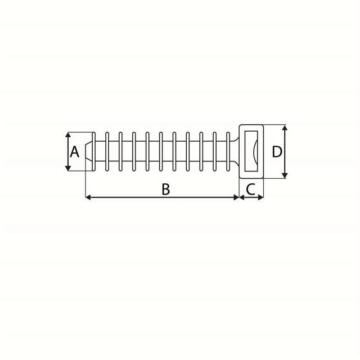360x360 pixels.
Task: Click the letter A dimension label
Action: pyautogui.click(x=74, y=152)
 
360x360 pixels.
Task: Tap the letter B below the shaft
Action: pyautogui.click(x=165, y=190)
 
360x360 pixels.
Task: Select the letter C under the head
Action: pyautogui.click(x=251, y=190)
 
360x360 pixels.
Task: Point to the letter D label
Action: pyautogui.click(x=277, y=152)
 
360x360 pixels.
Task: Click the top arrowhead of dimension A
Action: pyautogui.click(x=68, y=136)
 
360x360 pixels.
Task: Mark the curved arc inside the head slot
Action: pyautogui.click(x=256, y=152)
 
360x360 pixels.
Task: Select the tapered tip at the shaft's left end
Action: pyautogui.click(x=89, y=152)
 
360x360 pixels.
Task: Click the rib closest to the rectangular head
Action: pyautogui.click(x=229, y=152)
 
